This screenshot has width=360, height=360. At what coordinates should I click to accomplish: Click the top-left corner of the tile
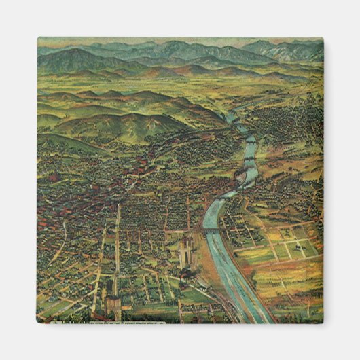38,38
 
